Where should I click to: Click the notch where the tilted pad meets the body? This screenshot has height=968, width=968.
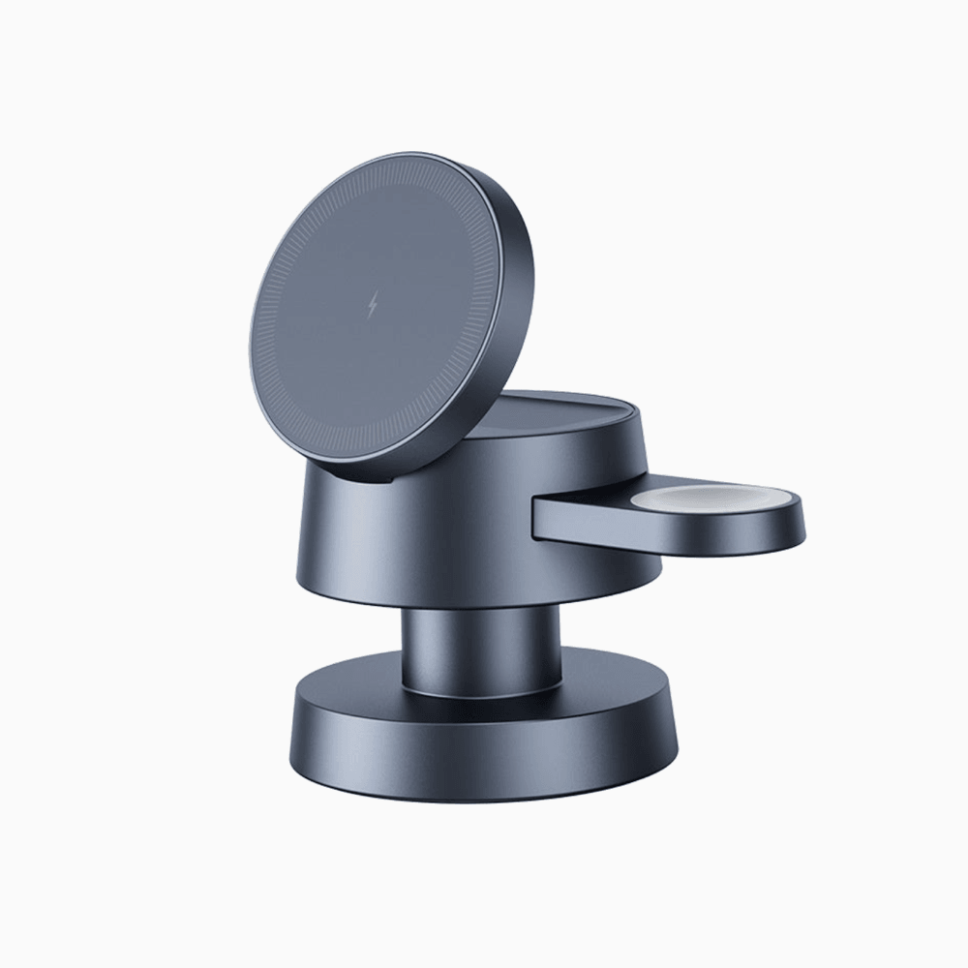(387, 471)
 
